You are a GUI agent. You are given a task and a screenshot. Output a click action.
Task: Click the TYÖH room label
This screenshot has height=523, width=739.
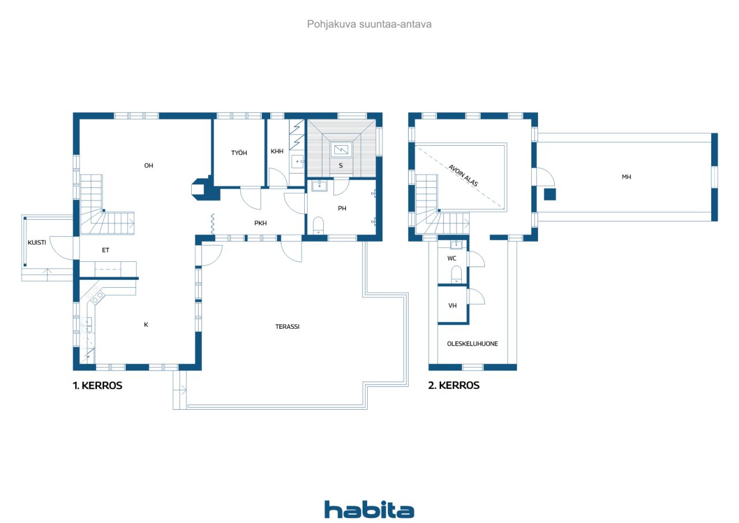(x=239, y=153)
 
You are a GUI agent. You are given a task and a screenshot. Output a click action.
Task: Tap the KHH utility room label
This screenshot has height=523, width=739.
(x=277, y=151)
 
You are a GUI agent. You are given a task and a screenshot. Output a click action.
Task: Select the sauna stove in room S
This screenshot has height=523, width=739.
(x=341, y=150)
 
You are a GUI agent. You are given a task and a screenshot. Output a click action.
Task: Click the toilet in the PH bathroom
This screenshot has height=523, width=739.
(x=318, y=225)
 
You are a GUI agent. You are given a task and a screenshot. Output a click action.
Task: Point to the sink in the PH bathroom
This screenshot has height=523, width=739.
(x=319, y=186)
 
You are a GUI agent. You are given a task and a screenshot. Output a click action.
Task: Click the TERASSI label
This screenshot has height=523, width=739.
(x=288, y=327)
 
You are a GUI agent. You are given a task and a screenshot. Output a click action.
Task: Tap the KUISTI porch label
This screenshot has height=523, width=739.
(x=36, y=243)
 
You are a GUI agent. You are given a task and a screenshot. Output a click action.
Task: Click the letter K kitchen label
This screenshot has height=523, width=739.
(x=146, y=325)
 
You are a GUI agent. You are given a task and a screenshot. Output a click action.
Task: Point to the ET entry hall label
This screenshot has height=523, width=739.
(x=105, y=250)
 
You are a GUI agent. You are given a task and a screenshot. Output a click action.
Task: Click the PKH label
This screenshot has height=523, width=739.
(x=260, y=223)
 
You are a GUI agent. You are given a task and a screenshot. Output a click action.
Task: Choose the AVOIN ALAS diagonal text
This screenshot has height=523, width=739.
(x=463, y=175)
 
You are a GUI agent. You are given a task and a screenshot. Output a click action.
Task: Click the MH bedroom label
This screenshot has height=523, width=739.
(x=626, y=177)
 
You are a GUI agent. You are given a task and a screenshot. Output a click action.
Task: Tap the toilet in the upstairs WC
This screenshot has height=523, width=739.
(x=456, y=275)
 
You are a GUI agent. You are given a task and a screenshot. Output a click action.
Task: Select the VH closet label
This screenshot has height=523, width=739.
(x=452, y=306)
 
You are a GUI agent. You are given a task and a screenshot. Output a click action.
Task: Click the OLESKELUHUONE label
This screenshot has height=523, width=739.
(x=472, y=344)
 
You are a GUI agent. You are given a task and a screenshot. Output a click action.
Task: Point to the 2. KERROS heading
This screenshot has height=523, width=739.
(x=454, y=385)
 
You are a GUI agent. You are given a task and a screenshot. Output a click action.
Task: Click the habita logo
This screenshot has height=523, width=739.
(x=369, y=510)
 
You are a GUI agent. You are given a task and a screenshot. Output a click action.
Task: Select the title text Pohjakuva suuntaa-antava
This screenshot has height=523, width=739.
(x=369, y=24)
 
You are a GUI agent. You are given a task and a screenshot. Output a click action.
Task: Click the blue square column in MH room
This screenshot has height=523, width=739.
(x=550, y=195)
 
